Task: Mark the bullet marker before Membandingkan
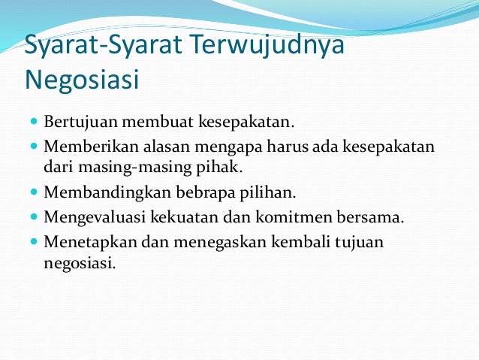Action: (x=35, y=192)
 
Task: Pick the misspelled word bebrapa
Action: (x=191, y=192)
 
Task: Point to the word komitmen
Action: (x=292, y=218)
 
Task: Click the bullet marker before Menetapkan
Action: (x=35, y=244)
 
